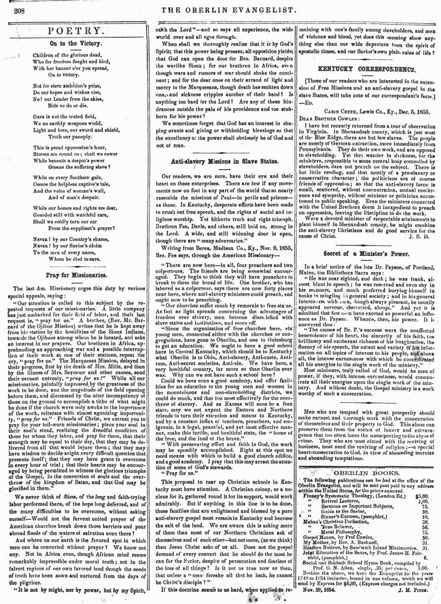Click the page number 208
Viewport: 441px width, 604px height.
[x=19, y=10]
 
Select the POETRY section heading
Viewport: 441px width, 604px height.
[x=76, y=31]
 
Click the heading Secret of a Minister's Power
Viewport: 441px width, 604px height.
[x=367, y=254]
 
